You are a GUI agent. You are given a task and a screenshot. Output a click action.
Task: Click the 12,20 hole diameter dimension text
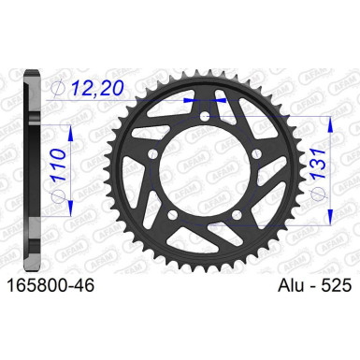tap(97, 88)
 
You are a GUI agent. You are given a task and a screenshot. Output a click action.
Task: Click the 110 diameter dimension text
tap(58, 166)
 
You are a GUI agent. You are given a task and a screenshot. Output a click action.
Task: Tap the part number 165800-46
tap(50, 285)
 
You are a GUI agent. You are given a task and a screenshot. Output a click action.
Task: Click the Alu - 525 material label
tap(314, 285)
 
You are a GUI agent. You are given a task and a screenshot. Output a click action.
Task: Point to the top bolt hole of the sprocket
tap(205, 118)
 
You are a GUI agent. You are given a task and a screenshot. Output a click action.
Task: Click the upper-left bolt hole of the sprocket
tap(152, 153)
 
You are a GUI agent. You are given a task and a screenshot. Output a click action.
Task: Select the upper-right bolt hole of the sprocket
tap(256, 153)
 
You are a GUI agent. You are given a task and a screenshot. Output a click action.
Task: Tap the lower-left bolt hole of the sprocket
tap(172, 214)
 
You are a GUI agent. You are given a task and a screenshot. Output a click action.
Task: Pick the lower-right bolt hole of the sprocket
tap(237, 214)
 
